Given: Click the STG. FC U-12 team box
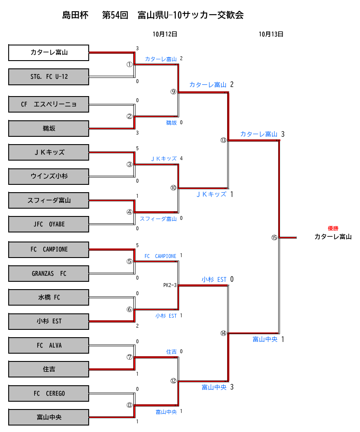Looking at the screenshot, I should [48, 77].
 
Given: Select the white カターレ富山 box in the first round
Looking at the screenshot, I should [48, 52].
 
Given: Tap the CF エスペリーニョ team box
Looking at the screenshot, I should [48, 104].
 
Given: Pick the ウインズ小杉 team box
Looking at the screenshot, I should [48, 176].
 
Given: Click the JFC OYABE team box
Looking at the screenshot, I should [48, 224].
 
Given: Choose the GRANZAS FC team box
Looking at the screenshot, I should [48, 274].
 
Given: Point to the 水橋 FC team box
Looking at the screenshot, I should [48, 297].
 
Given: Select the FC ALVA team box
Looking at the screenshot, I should [48, 345].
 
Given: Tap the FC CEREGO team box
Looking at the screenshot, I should [48, 393].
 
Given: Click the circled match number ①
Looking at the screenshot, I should [129, 64].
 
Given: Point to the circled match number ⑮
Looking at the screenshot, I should [274, 237].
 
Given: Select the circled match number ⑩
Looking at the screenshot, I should [174, 188].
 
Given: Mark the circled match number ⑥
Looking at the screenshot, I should [129, 309].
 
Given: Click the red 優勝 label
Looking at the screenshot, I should [333, 228].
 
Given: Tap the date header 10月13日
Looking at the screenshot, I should [271, 34].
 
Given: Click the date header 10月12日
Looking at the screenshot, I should [165, 34].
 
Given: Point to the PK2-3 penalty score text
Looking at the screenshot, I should [170, 285].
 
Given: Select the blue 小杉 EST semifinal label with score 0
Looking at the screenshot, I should [214, 280].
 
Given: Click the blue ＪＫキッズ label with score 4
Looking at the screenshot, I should [164, 158].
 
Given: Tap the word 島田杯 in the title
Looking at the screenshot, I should [75, 16].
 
